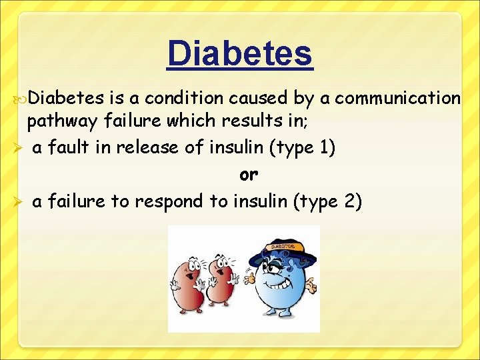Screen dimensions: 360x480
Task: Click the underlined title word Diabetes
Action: click(x=239, y=53)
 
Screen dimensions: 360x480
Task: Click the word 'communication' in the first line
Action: click(x=397, y=98)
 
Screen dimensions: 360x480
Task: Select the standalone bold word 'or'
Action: click(x=248, y=175)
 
